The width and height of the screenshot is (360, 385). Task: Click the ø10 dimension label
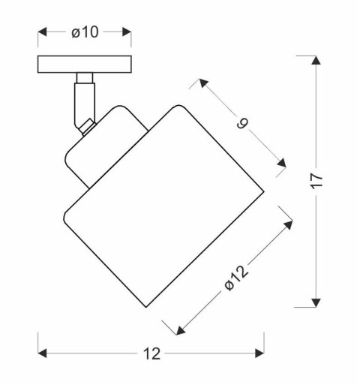pyautogui.click(x=85, y=32)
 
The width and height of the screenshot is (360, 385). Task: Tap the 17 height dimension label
pyautogui.click(x=316, y=180)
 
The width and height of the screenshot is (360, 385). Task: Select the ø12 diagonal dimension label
pyautogui.click(x=236, y=278)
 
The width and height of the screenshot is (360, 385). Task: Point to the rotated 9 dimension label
pyautogui.click(x=242, y=124)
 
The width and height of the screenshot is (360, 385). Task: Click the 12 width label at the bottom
pyautogui.click(x=151, y=354)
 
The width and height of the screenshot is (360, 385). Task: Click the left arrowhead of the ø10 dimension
pyautogui.click(x=42, y=32)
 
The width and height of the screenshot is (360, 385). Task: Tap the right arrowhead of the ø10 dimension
pyautogui.click(x=127, y=32)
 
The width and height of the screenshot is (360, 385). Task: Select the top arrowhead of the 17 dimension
pyautogui.click(x=316, y=60)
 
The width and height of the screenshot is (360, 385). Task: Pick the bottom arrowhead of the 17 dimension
pyautogui.click(x=316, y=302)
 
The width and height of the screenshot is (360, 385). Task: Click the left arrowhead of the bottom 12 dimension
pyautogui.click(x=42, y=353)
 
